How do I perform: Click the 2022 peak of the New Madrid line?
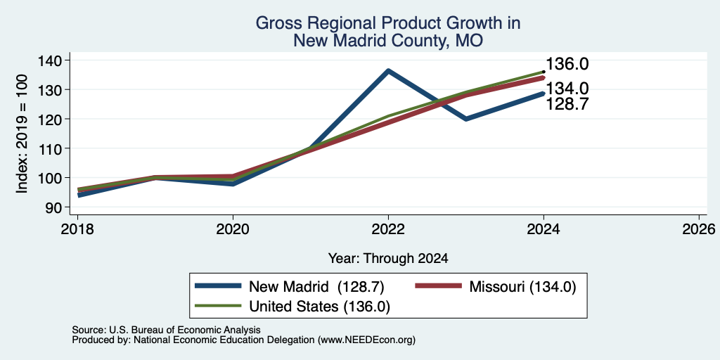point(388,71)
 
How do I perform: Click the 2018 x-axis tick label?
point(77,229)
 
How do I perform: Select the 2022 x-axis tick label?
point(388,229)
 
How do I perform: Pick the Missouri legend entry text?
point(522,287)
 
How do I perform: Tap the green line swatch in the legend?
point(218,305)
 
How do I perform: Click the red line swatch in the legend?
point(438,286)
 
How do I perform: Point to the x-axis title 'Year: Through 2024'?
point(388,259)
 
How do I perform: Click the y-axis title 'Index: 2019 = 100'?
point(22,134)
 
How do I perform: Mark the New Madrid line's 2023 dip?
point(466,119)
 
